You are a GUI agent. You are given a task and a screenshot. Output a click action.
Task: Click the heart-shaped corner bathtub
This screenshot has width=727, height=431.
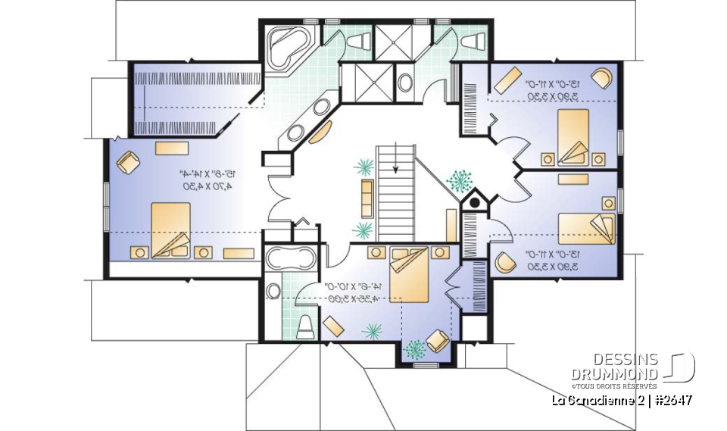coord(287,45)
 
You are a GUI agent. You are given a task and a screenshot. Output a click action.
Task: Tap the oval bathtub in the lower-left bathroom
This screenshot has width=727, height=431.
coord(292,258)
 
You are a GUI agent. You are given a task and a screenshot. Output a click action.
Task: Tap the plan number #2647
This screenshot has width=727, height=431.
coord(670,400)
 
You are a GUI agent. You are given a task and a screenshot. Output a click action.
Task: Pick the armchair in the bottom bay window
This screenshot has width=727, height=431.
coord(438,341)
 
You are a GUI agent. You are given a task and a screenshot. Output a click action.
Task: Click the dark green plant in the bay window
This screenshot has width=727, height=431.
coord(414,348)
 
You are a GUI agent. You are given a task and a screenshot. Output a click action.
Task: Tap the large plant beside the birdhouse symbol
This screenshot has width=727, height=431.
coord(458,180)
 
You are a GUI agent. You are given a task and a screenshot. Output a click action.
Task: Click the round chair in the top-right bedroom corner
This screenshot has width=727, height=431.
coord(603,78)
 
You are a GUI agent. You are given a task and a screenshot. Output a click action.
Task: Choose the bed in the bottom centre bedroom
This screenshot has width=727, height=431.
coord(410,273)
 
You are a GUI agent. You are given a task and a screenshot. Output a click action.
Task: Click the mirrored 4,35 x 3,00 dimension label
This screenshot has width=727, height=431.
coord(353,298)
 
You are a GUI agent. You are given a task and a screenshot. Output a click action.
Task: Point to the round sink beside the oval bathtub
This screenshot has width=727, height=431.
coord(273,290)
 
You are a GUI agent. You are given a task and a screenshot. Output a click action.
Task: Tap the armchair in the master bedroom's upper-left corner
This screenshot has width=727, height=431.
coord(129,161)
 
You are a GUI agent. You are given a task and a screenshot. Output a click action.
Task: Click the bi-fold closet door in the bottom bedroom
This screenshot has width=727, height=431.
coord(453,288)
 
